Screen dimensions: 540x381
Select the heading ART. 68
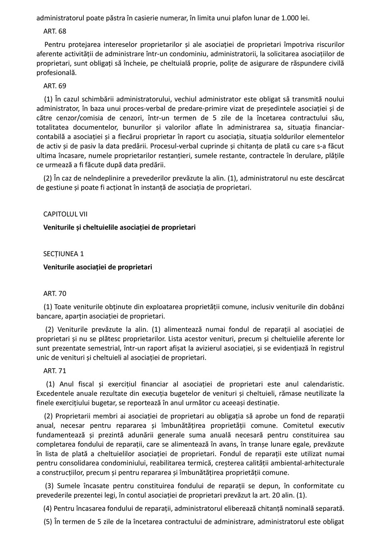(x=55, y=31)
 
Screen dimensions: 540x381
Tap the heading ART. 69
(x=55, y=86)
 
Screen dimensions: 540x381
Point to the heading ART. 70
(x=55, y=294)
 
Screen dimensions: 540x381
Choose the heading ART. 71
(x=55, y=371)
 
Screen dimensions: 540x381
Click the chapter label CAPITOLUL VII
(x=66, y=214)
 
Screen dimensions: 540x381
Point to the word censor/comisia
(x=74, y=118)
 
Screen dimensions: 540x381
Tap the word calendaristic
(x=321, y=384)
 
